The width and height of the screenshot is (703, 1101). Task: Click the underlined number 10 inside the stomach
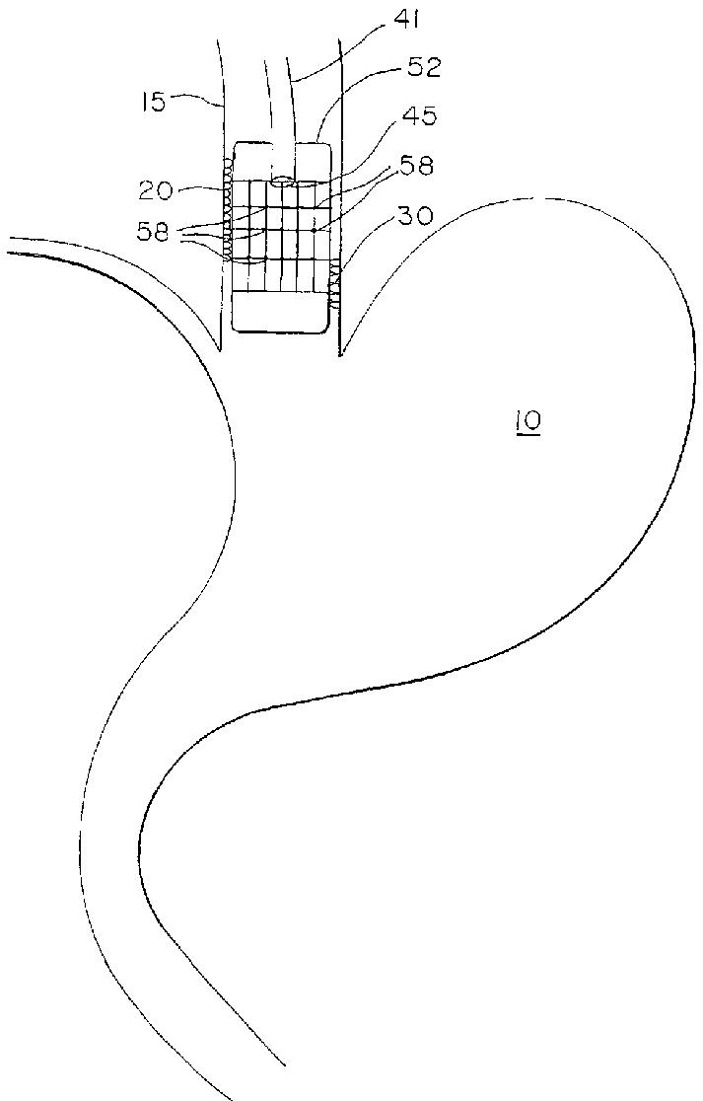tap(527, 422)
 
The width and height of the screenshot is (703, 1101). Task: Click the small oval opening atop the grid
tap(286, 181)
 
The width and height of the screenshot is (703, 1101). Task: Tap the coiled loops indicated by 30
tap(335, 283)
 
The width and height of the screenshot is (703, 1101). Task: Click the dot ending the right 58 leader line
tap(315, 229)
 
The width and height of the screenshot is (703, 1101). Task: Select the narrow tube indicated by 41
tap(278, 109)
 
